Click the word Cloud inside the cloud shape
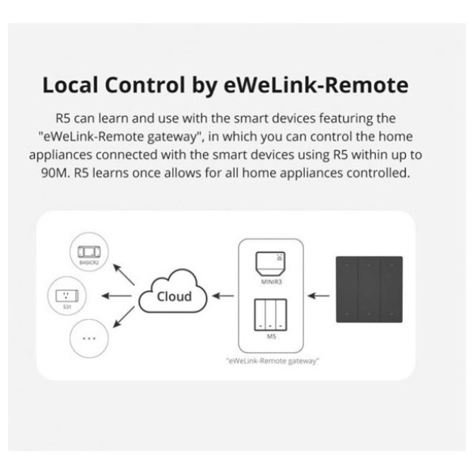[173, 297]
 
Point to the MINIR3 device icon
[271, 262]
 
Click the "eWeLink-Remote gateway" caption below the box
[271, 361]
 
